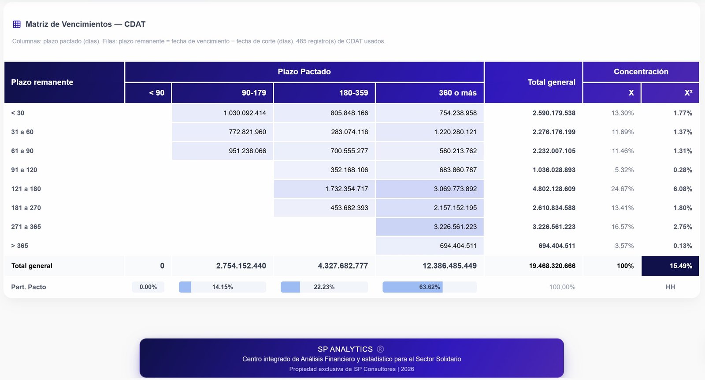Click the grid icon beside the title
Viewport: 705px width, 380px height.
(x=17, y=24)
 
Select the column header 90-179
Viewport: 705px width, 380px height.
(x=254, y=93)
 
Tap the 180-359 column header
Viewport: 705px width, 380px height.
(x=353, y=93)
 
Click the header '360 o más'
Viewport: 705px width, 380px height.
(x=458, y=93)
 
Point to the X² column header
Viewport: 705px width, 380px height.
(x=688, y=93)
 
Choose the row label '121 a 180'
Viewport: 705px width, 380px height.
(x=26, y=189)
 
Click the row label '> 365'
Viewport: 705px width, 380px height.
(x=19, y=246)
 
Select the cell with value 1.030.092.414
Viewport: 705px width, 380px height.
(x=245, y=113)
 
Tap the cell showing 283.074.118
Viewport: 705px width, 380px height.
(x=349, y=132)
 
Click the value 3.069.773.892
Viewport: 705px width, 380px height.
(x=455, y=189)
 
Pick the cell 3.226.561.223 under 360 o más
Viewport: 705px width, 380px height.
(x=455, y=227)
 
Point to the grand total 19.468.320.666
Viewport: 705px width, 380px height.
(x=552, y=266)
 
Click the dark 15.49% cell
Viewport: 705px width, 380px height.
(x=670, y=266)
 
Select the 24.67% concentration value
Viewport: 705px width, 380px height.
(x=622, y=189)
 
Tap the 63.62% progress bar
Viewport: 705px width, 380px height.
(x=430, y=287)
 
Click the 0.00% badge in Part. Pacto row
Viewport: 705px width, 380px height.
(x=148, y=287)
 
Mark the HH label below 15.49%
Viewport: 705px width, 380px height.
(x=670, y=287)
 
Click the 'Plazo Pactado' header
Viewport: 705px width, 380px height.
(x=304, y=72)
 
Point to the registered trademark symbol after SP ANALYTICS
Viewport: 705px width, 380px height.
(x=380, y=349)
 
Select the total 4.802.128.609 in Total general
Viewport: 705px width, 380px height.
(x=554, y=189)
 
